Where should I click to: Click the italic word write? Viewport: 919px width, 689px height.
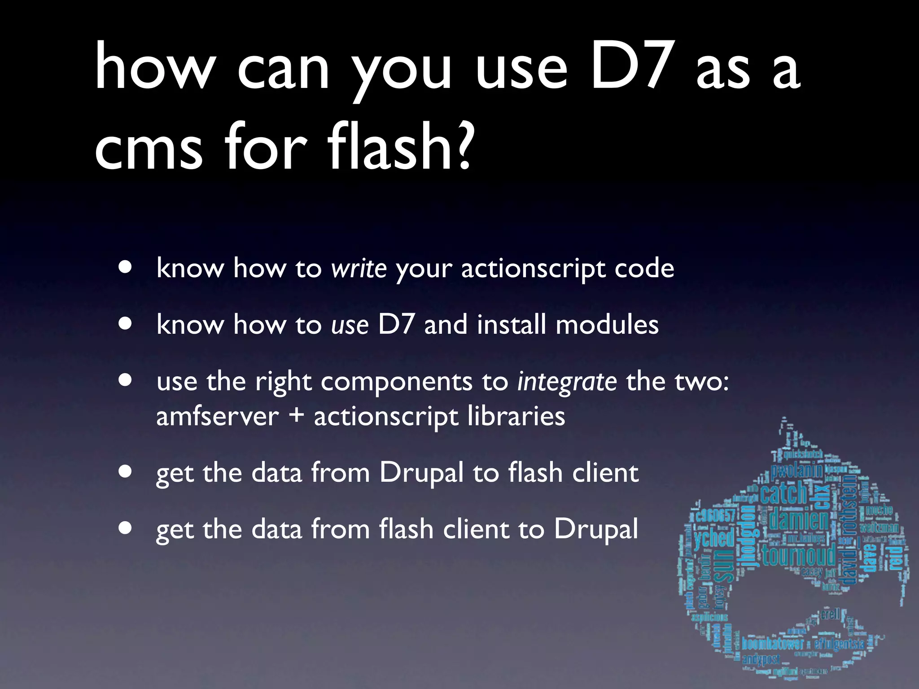point(359,269)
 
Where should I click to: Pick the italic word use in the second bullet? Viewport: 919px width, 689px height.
point(350,325)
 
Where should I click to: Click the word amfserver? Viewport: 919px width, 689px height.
point(218,416)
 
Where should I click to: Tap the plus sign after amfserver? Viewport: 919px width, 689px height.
point(296,415)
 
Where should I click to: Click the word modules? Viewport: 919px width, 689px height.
point(607,324)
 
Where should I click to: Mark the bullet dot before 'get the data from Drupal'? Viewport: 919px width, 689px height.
point(126,472)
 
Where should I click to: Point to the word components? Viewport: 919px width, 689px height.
point(397,382)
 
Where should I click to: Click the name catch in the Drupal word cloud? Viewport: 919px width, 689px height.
point(783,493)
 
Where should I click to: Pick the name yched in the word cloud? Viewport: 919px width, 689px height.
point(714,538)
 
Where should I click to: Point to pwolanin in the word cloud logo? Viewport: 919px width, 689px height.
point(796,471)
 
